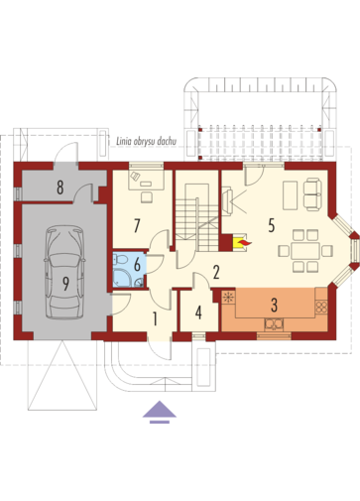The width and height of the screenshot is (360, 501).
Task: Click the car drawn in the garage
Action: click(64, 272)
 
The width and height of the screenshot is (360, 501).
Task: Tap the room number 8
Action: click(60, 188)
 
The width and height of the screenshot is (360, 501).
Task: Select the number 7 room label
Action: click(137, 225)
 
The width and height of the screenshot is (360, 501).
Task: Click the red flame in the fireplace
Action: click(245, 243)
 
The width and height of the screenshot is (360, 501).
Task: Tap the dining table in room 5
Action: click(305, 251)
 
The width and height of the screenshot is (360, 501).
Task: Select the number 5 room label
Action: click(272, 225)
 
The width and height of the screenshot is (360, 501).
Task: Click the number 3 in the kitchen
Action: click(274, 306)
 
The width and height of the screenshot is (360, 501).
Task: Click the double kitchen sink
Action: click(274, 324)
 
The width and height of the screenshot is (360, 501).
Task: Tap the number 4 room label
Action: click(198, 313)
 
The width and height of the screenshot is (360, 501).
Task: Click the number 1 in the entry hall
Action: click(155, 318)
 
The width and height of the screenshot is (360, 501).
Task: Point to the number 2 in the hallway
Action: click(216, 272)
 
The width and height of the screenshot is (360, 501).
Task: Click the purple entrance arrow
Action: click(160, 412)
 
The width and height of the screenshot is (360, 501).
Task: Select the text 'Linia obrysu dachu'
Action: click(146, 142)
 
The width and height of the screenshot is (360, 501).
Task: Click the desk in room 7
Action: click(146, 181)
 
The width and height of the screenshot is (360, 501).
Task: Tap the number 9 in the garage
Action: click(65, 284)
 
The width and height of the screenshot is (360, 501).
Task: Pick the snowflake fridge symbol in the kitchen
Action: click(228, 297)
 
